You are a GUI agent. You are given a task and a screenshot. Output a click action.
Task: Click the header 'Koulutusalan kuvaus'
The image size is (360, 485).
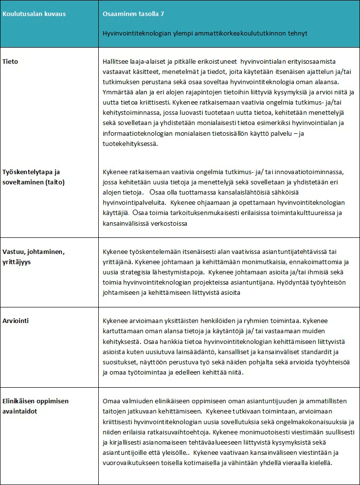tap(34, 14)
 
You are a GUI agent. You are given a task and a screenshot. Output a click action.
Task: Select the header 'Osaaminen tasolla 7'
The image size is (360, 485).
tap(133, 14)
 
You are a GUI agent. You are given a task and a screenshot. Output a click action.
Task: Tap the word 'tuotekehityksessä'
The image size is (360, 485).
tap(130, 144)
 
